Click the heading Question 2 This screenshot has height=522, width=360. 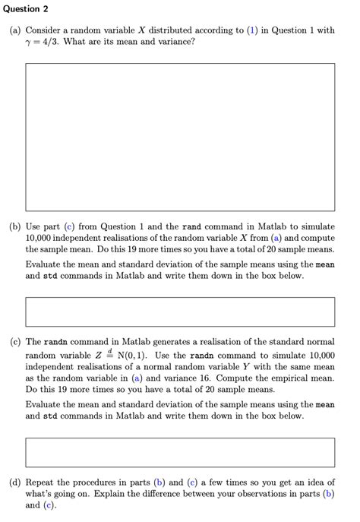tap(24, 8)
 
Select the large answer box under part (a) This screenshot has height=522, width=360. tap(180, 137)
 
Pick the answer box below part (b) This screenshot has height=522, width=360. tap(180, 312)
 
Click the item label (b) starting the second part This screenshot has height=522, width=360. tap(15, 226)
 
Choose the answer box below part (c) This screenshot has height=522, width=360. tap(180, 452)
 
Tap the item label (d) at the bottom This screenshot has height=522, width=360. tap(15, 482)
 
